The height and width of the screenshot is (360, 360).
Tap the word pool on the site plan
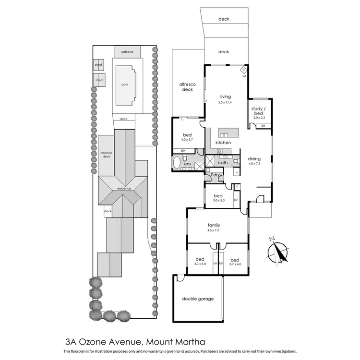point(125,84)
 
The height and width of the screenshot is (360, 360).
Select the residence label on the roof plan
point(121,188)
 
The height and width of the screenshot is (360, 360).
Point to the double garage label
point(197,299)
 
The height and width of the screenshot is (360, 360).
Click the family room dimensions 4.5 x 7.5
point(213,230)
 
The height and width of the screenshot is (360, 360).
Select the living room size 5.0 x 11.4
point(225,102)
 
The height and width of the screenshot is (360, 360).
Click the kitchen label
point(223,143)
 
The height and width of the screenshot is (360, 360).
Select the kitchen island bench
point(229,132)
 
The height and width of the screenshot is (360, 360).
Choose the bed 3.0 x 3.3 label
point(218,197)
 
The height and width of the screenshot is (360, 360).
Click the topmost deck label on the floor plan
point(224,19)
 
